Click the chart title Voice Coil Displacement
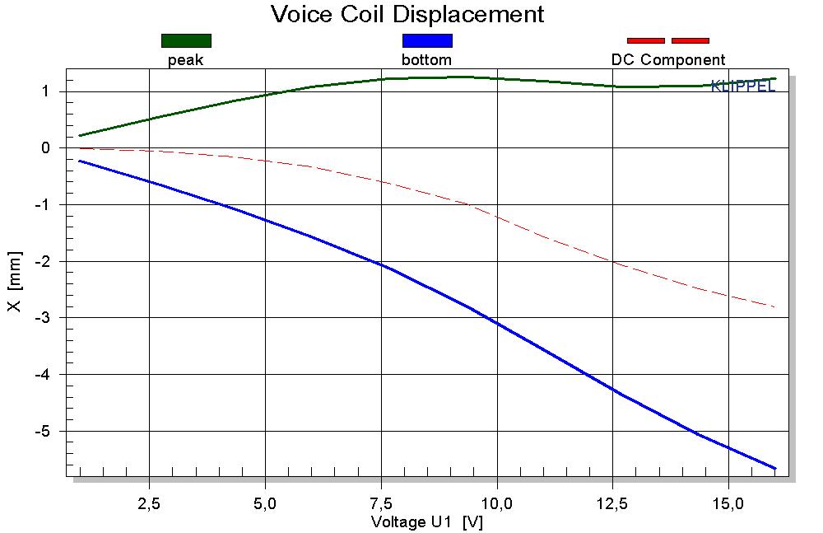pyautogui.click(x=407, y=14)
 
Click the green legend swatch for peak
pyautogui.click(x=186, y=40)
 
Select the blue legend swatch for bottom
pyautogui.click(x=427, y=40)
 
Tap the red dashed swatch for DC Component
pyautogui.click(x=667, y=40)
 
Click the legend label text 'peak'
pyautogui.click(x=185, y=60)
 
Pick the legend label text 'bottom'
pyautogui.click(x=426, y=60)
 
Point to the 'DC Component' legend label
pyautogui.click(x=668, y=60)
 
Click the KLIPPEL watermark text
pyautogui.click(x=742, y=86)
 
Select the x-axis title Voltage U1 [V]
pyautogui.click(x=426, y=522)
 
